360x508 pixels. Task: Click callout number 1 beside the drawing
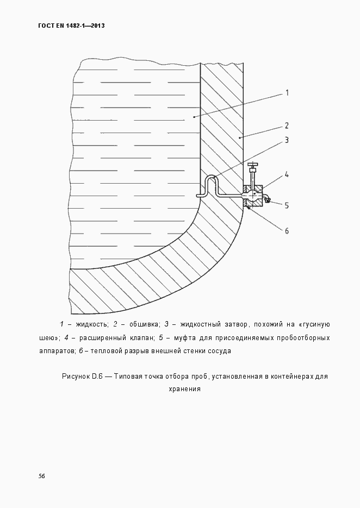pyautogui.click(x=287, y=93)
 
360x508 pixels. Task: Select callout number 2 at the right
pyautogui.click(x=287, y=126)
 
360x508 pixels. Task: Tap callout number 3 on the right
pyautogui.click(x=287, y=141)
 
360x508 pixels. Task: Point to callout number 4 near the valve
pyautogui.click(x=287, y=175)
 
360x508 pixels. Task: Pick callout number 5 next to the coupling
pyautogui.click(x=287, y=205)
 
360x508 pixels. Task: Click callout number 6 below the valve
pyautogui.click(x=287, y=230)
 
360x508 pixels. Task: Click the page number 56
pyautogui.click(x=41, y=476)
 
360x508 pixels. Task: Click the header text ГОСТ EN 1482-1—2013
pyautogui.click(x=71, y=26)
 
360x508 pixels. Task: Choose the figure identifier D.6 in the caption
pyautogui.click(x=97, y=376)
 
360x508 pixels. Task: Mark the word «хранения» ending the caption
pyautogui.click(x=185, y=389)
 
